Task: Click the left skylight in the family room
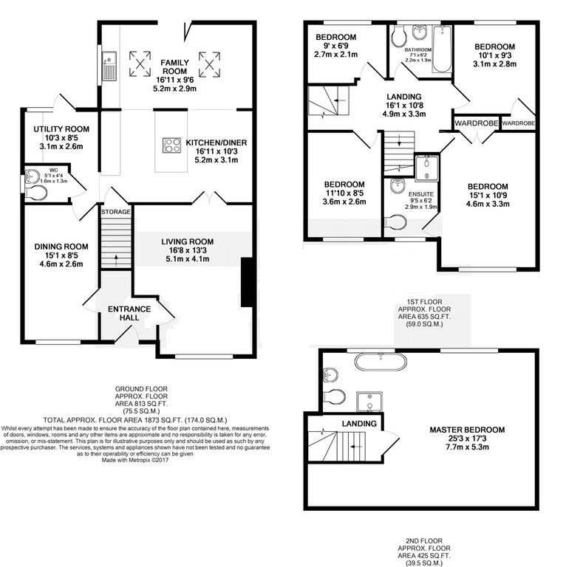click(x=138, y=64)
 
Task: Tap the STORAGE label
click(x=116, y=212)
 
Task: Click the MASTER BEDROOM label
click(x=467, y=430)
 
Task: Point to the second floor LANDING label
click(x=359, y=424)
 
